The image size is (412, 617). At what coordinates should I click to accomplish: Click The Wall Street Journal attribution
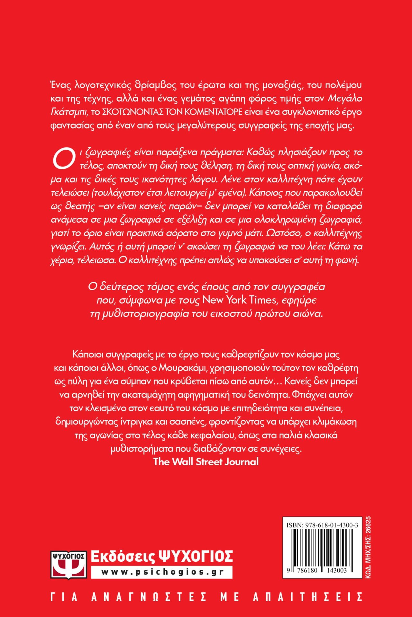206,462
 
